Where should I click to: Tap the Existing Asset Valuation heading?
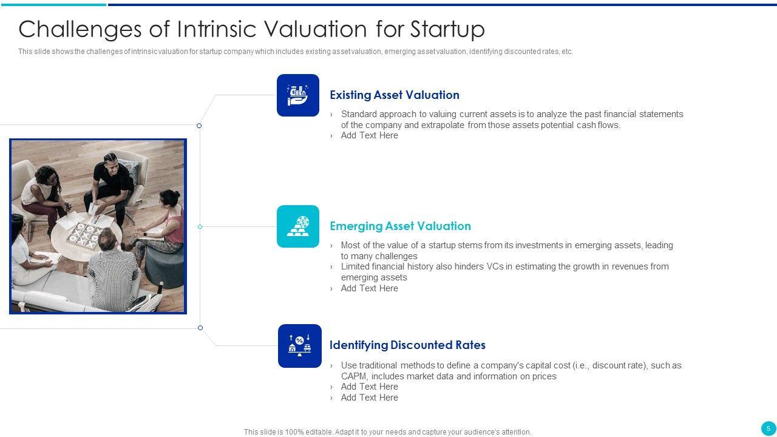click(x=395, y=95)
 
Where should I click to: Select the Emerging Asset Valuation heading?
click(x=400, y=226)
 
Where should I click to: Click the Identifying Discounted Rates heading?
click(x=407, y=345)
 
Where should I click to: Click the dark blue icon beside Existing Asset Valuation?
click(x=298, y=95)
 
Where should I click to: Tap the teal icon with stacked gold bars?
click(x=298, y=226)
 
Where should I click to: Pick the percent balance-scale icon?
click(x=300, y=346)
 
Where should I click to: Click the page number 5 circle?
click(x=768, y=429)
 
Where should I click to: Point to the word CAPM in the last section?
click(x=353, y=376)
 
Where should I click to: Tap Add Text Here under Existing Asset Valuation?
click(x=370, y=135)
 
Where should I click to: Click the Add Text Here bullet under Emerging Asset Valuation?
click(x=370, y=288)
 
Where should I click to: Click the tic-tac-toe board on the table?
click(x=85, y=235)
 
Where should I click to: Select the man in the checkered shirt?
click(x=111, y=271)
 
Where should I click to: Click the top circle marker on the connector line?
click(x=199, y=126)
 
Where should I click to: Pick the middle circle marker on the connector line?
click(x=200, y=226)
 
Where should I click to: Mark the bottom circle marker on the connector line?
click(x=200, y=328)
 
